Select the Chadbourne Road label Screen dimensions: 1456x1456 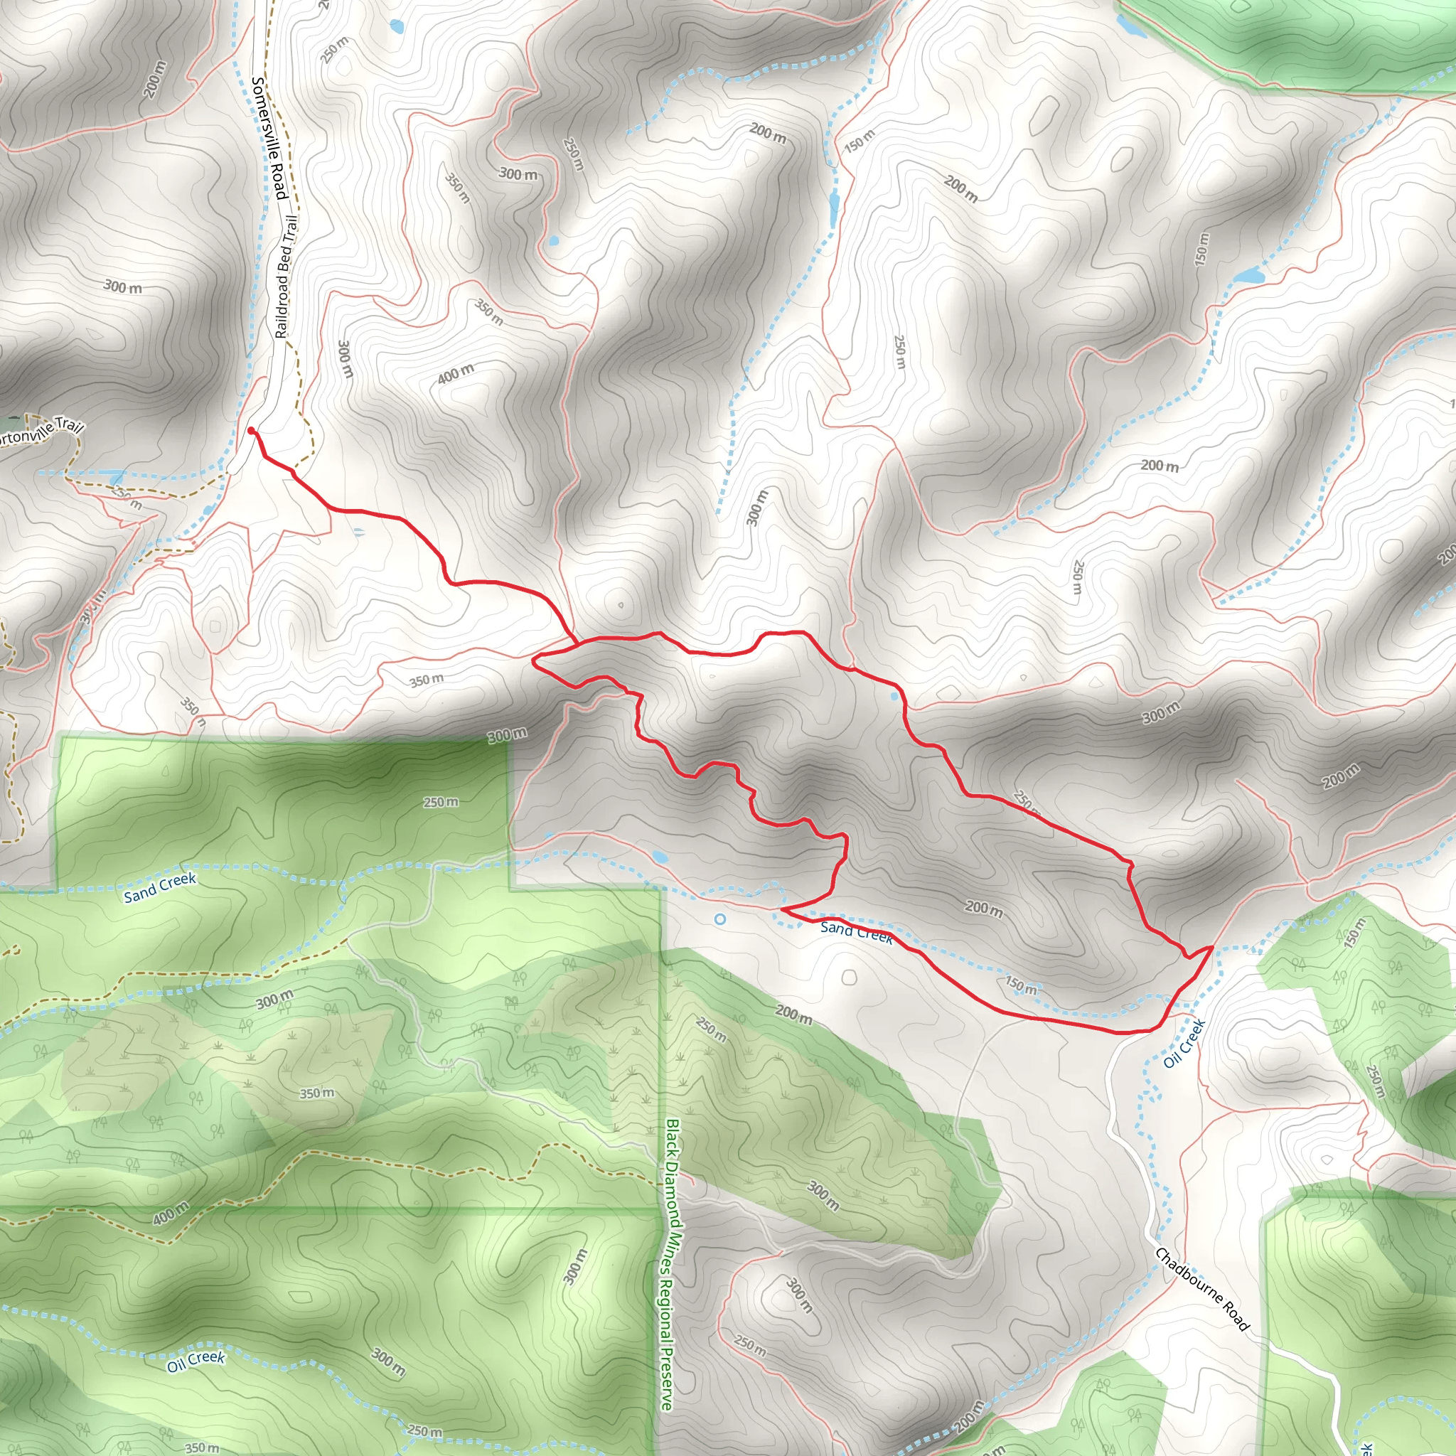point(1202,1290)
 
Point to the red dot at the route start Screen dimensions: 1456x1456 point(251,430)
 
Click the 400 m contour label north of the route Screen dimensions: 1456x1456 point(456,373)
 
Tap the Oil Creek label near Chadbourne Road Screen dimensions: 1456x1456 point(1184,1043)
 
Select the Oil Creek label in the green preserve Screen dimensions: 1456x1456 point(196,1359)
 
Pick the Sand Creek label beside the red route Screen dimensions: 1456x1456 point(857,931)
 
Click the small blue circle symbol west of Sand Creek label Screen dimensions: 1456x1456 point(719,919)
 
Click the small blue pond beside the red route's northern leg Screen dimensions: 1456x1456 point(894,695)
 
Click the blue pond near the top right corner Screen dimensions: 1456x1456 point(1130,26)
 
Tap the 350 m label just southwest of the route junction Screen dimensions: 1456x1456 point(427,680)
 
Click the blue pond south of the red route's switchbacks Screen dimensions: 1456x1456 point(660,857)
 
